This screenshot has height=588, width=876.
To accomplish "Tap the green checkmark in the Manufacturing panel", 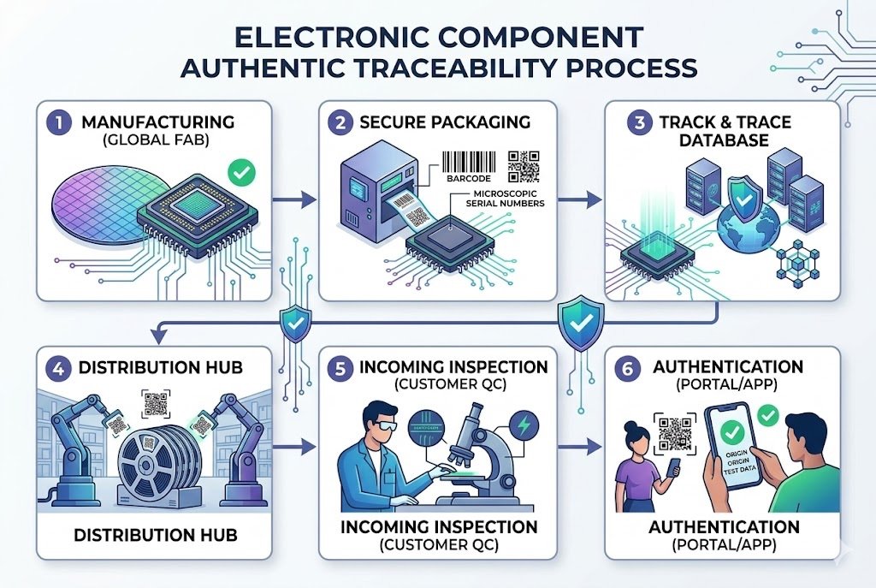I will click(242, 174).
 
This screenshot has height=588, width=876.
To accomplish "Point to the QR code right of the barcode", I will click(524, 166).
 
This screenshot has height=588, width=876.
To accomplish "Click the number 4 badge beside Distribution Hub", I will click(58, 368).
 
